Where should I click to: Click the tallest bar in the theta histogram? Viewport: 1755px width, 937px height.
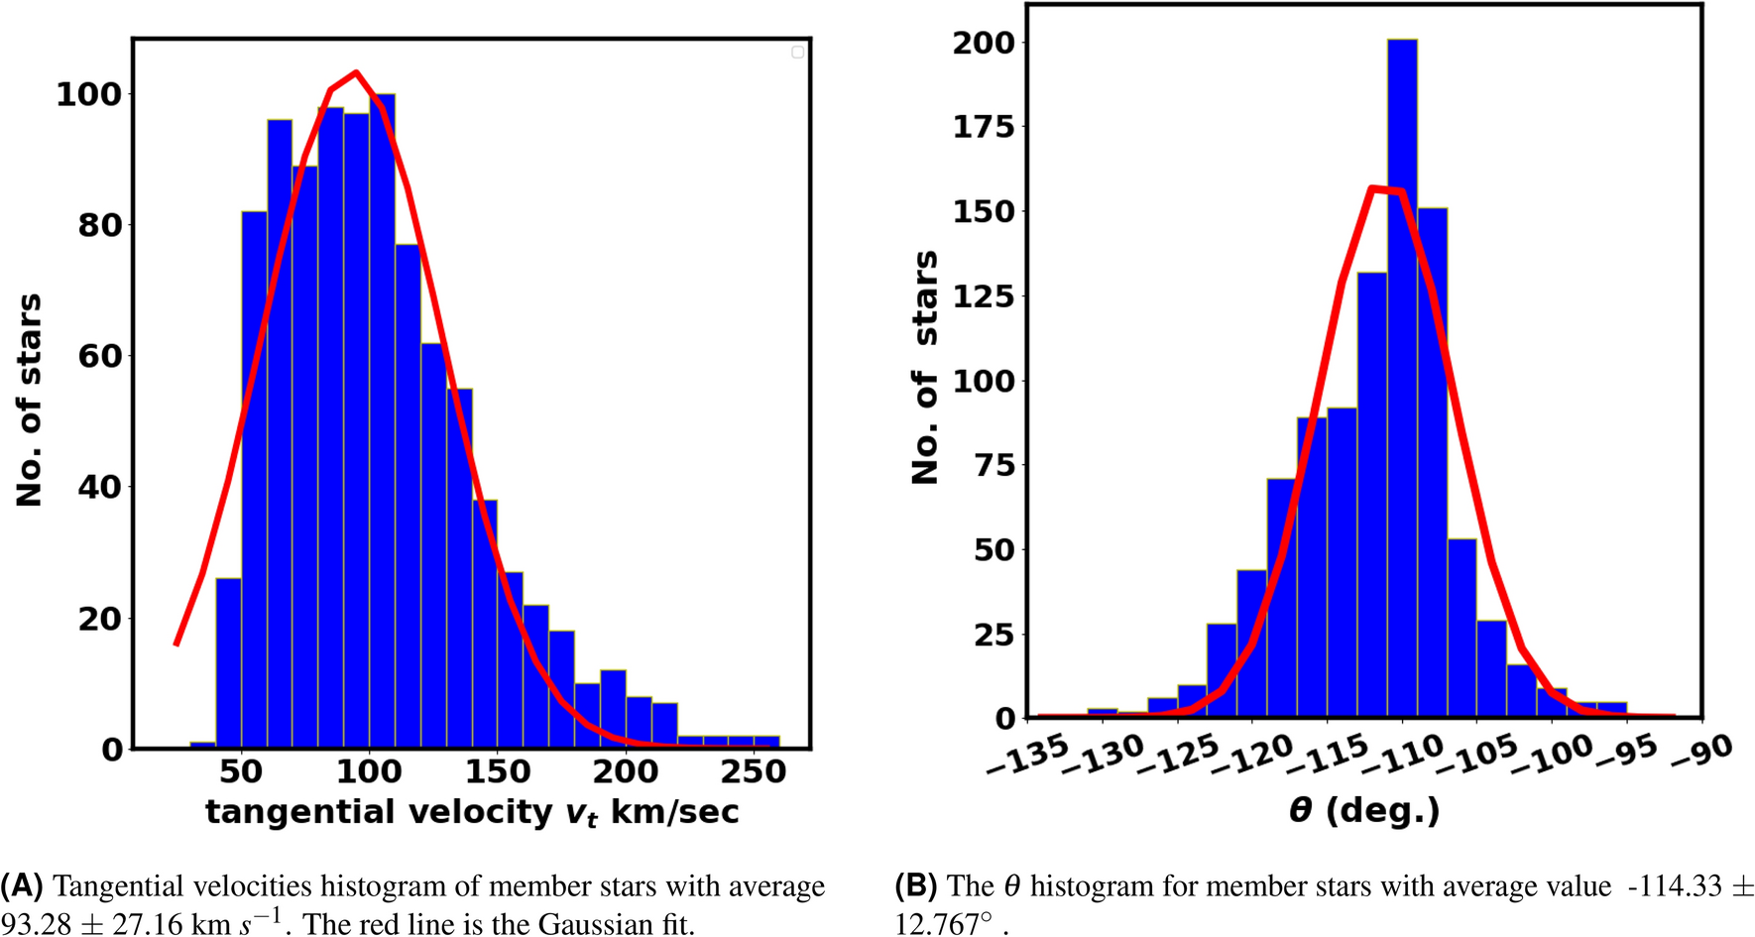pyautogui.click(x=1402, y=377)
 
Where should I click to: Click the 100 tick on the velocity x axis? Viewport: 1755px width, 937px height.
pyautogui.click(x=369, y=771)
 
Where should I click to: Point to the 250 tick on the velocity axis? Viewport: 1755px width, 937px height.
pyautogui.click(x=754, y=771)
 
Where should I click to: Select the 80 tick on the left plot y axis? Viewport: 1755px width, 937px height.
pyautogui.click(x=99, y=225)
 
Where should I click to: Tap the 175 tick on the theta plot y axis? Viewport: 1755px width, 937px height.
pyautogui.click(x=984, y=127)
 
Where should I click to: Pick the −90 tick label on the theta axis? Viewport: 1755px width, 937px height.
pyautogui.click(x=1701, y=751)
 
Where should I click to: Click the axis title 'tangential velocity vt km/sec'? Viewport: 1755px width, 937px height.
pyautogui.click(x=472, y=812)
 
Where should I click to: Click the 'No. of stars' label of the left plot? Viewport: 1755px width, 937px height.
pyautogui.click(x=30, y=400)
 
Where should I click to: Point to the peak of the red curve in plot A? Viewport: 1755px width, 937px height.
pyautogui.click(x=355, y=72)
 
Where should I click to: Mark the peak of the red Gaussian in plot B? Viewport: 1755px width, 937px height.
pyautogui.click(x=1372, y=187)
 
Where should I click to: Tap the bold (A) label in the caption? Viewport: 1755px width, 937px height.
pyautogui.click(x=22, y=885)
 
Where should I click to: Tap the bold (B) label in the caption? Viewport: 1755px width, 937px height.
pyautogui.click(x=915, y=885)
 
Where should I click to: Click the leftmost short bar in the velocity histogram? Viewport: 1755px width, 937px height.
pyautogui.click(x=203, y=745)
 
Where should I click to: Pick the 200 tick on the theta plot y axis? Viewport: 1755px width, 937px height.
pyautogui.click(x=984, y=43)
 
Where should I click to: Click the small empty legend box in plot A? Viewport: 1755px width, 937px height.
pyautogui.click(x=797, y=52)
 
